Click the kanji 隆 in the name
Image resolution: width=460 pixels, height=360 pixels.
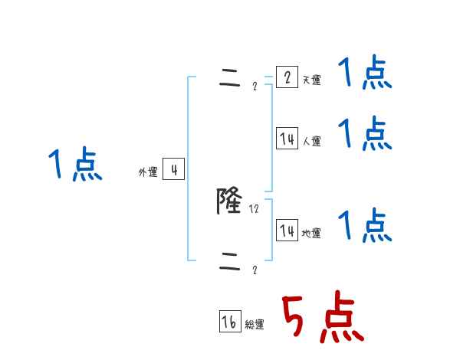229,201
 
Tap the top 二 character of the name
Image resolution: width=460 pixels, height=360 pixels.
229,81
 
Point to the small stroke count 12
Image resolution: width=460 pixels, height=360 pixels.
254,208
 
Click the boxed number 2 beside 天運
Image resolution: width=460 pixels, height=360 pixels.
287,77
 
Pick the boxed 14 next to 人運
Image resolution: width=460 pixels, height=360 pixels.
287,139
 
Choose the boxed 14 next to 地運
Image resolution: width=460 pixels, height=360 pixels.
287,231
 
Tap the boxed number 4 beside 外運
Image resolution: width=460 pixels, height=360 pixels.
174,169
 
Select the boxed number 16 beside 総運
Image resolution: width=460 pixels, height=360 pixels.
229,322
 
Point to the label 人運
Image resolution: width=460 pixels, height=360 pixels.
311,142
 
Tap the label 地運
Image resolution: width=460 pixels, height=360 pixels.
311,234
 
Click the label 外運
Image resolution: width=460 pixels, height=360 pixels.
148,172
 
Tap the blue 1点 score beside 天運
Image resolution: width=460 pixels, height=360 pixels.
365,74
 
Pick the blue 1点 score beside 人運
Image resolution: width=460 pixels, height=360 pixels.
365,134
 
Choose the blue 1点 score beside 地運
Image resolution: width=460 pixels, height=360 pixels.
365,226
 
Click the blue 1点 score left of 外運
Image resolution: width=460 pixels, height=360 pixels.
75,165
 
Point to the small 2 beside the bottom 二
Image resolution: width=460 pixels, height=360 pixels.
255,270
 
